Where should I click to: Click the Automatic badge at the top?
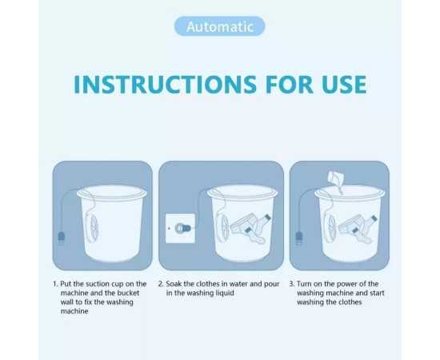click(x=219, y=26)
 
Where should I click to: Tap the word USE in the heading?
click(x=336, y=85)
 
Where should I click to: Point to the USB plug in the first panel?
click(x=62, y=236)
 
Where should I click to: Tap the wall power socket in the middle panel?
click(x=179, y=228)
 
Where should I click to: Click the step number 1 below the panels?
click(x=54, y=284)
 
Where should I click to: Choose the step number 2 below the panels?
click(x=161, y=284)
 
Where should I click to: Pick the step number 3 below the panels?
click(x=292, y=284)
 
